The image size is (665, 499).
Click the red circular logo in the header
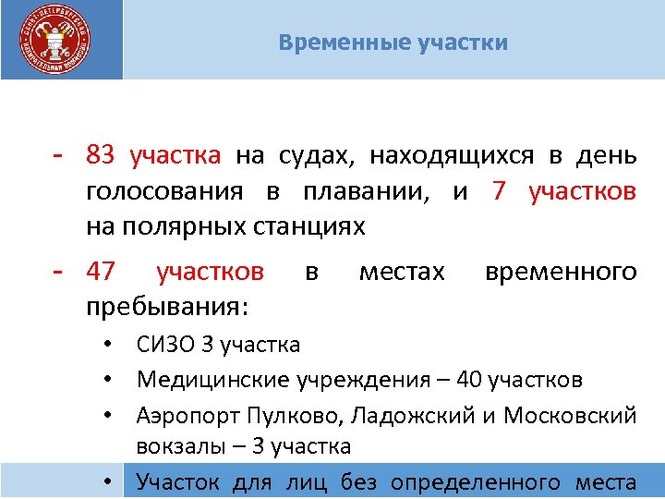56,42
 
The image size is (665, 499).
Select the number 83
100,154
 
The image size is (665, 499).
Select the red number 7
500,190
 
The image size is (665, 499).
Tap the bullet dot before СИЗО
109,347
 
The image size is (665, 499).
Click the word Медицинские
215,379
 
